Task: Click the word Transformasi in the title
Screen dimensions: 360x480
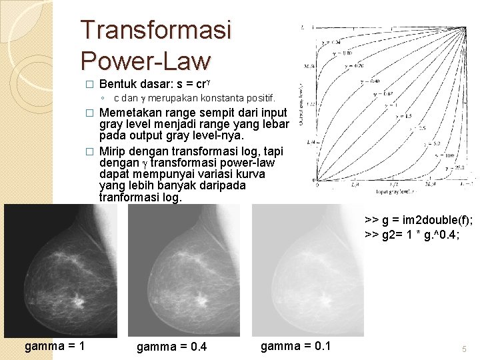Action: (155, 30)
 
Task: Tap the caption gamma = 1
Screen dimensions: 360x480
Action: (55, 345)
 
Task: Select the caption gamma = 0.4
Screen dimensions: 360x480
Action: (171, 347)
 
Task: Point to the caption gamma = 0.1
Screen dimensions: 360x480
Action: (295, 345)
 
